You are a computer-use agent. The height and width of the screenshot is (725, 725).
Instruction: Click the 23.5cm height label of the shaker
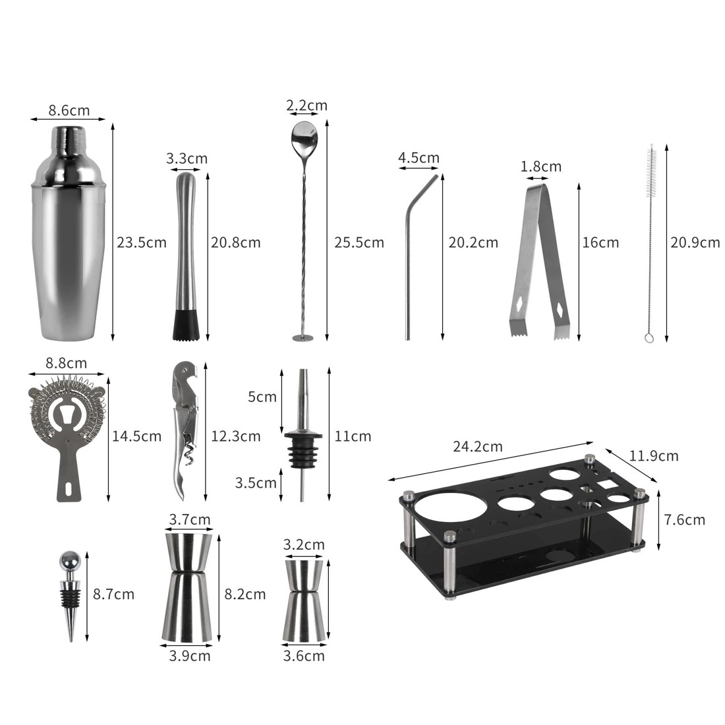point(142,243)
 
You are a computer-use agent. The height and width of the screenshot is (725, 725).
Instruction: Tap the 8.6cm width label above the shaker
point(69,111)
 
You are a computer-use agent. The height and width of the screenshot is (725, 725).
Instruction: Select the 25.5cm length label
point(359,243)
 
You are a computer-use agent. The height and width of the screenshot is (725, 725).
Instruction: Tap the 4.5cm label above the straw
point(419,158)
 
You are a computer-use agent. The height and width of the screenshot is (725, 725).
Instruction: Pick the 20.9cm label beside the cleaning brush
point(695,243)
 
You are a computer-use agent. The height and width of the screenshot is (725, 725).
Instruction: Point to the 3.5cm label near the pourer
point(256,483)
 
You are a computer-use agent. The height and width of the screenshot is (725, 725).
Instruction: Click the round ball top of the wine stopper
point(69,562)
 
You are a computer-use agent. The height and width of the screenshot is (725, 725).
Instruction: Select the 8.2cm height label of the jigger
point(245,594)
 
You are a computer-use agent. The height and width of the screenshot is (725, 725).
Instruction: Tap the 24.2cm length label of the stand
point(478,447)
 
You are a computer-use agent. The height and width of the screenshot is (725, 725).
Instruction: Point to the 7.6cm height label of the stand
point(684,520)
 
